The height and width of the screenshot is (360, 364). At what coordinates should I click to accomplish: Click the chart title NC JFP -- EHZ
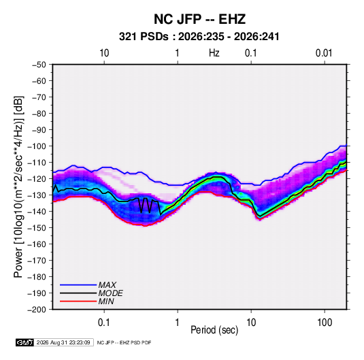tap(199, 19)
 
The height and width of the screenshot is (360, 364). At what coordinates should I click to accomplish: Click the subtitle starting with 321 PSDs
tap(199, 37)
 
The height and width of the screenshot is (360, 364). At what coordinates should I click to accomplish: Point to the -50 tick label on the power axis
tap(39, 65)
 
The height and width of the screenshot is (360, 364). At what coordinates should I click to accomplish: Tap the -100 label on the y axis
tap(37, 146)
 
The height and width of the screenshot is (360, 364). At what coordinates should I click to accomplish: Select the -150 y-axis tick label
tap(37, 228)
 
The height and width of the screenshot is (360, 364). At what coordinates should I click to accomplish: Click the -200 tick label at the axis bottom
tap(37, 310)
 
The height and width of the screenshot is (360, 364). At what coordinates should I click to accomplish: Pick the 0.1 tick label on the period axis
tap(104, 323)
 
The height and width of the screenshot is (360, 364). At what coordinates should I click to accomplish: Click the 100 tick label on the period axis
tap(325, 323)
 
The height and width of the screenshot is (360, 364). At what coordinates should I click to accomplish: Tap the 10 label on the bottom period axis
tap(251, 323)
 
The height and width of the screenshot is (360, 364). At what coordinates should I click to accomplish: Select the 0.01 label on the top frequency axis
tap(324, 53)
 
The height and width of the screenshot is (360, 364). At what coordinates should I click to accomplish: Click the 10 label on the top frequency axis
tap(104, 53)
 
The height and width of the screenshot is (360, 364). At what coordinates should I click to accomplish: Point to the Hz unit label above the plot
tap(214, 53)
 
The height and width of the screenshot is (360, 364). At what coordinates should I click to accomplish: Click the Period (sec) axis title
tap(214, 330)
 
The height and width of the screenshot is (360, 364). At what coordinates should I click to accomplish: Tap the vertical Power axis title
tap(18, 187)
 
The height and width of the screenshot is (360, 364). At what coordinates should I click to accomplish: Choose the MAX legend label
tap(107, 285)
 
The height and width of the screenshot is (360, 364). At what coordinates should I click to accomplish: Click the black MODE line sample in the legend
tap(78, 293)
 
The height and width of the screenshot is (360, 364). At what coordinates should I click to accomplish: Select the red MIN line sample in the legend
tap(78, 301)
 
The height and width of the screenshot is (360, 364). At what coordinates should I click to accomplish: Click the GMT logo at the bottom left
tap(24, 342)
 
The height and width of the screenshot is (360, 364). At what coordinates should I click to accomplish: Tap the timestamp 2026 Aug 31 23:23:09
tap(63, 342)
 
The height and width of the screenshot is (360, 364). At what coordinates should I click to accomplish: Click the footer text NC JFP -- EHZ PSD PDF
tap(124, 342)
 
